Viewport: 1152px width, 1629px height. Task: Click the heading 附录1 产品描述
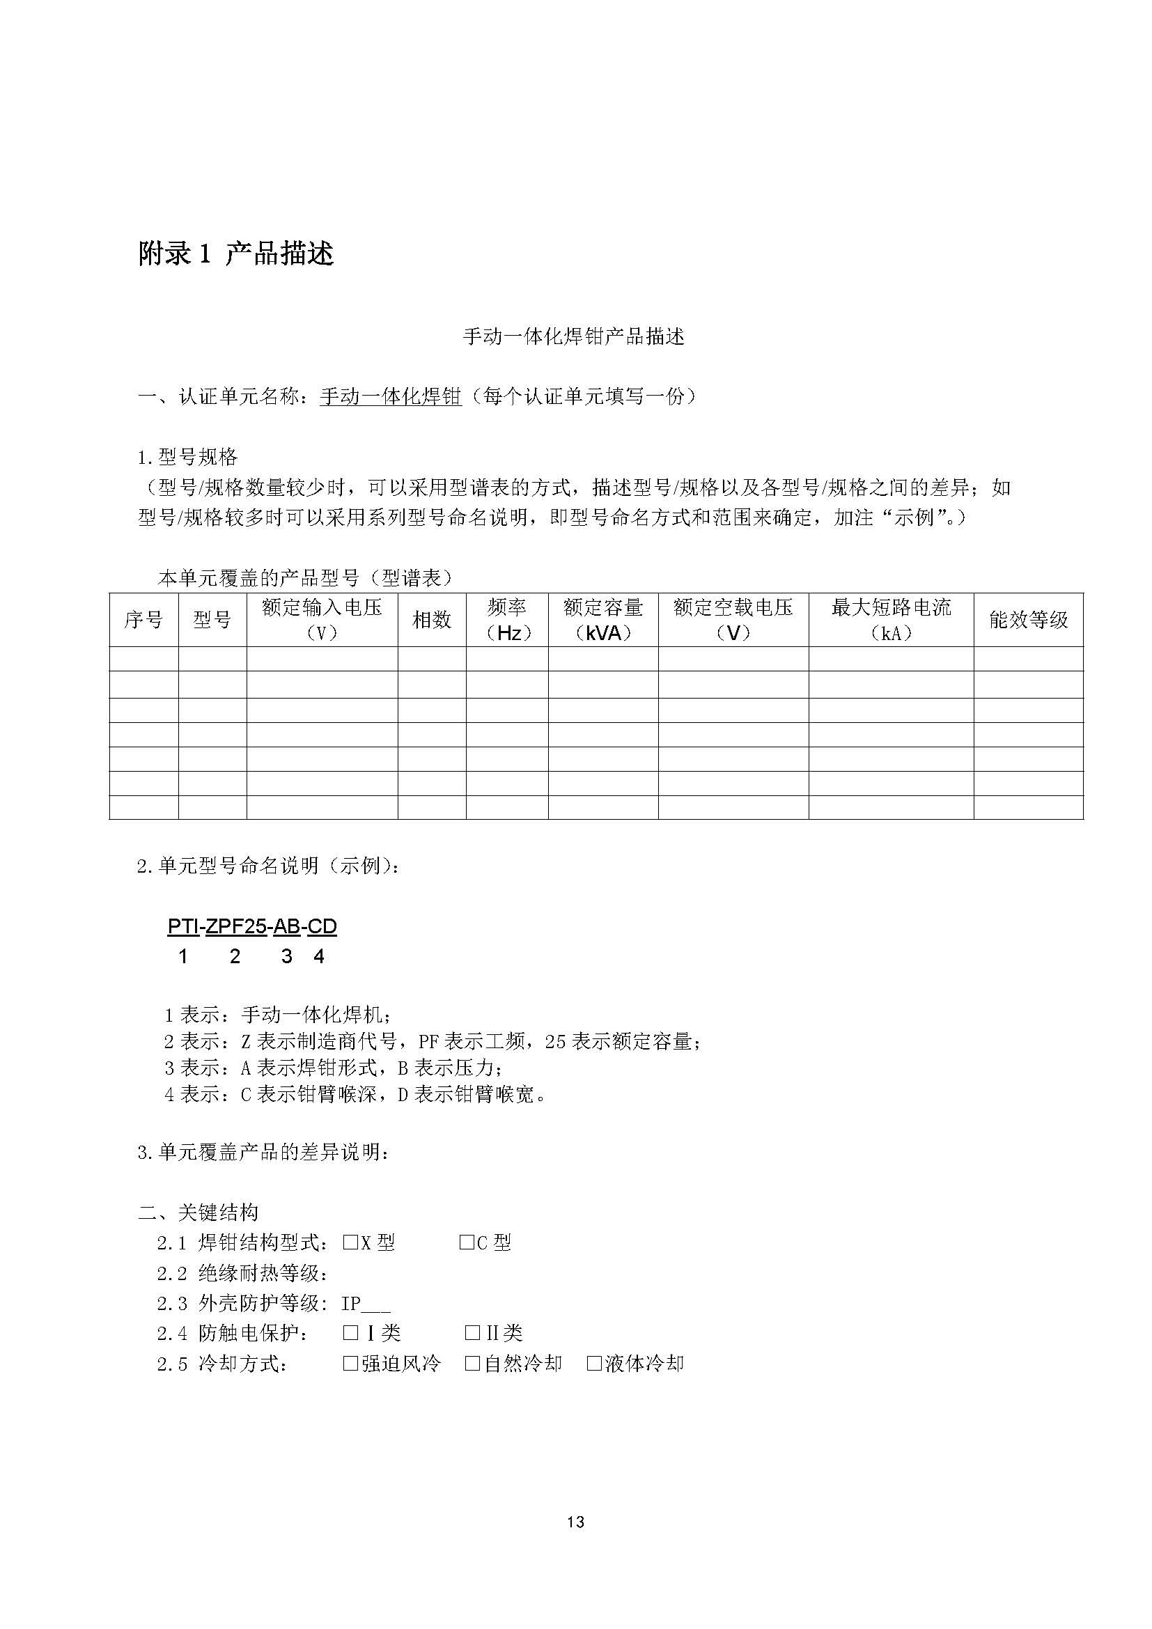coord(235,254)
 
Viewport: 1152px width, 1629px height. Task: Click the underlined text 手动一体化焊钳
coord(391,396)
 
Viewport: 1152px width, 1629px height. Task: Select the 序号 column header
coord(143,620)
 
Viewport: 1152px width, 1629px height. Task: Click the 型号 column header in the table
coord(212,620)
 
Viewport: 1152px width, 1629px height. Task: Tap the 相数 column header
coord(431,620)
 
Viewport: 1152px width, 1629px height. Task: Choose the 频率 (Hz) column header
coord(506,619)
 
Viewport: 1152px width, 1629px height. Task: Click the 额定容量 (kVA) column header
coord(603,619)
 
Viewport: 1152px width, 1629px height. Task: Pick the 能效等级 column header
coord(1028,620)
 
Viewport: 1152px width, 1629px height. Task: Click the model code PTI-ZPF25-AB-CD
coord(252,926)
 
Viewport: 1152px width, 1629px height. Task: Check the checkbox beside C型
coord(466,1242)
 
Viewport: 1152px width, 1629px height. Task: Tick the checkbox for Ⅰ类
coord(350,1333)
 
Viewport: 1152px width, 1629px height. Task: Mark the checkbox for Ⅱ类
coord(472,1333)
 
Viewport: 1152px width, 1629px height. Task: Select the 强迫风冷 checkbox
coord(350,1363)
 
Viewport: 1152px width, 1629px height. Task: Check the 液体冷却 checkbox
coord(594,1363)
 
